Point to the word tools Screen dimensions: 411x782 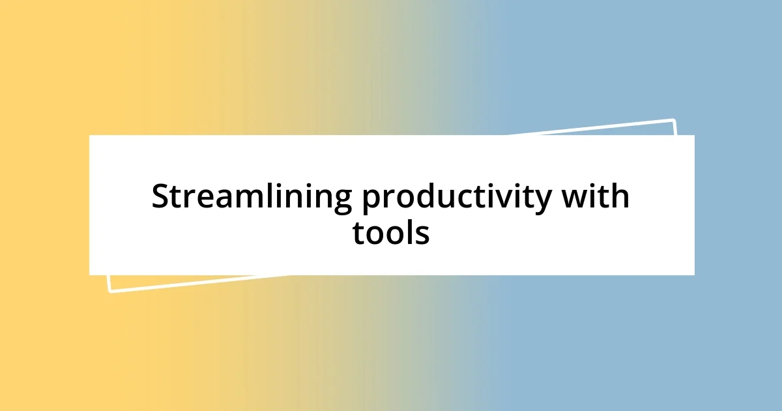(391, 232)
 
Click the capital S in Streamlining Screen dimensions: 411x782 (162, 196)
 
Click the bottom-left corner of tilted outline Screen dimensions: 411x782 (109, 291)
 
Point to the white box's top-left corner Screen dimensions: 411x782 (89, 135)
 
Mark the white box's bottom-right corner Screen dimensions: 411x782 (694, 275)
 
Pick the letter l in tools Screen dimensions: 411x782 (409, 232)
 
